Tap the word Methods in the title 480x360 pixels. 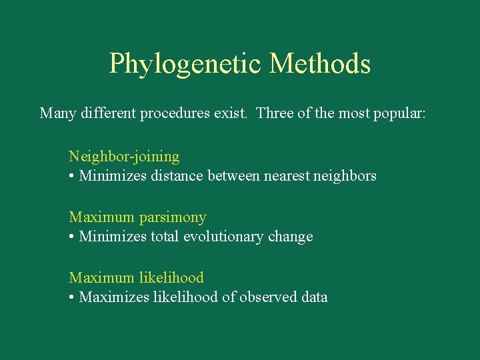(x=320, y=64)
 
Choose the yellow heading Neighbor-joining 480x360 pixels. (x=124, y=157)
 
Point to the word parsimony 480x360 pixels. (x=174, y=217)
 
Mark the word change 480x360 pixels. (x=292, y=237)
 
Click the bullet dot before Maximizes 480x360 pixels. (x=71, y=298)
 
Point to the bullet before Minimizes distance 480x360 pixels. (x=71, y=177)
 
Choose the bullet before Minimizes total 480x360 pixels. (x=71, y=237)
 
